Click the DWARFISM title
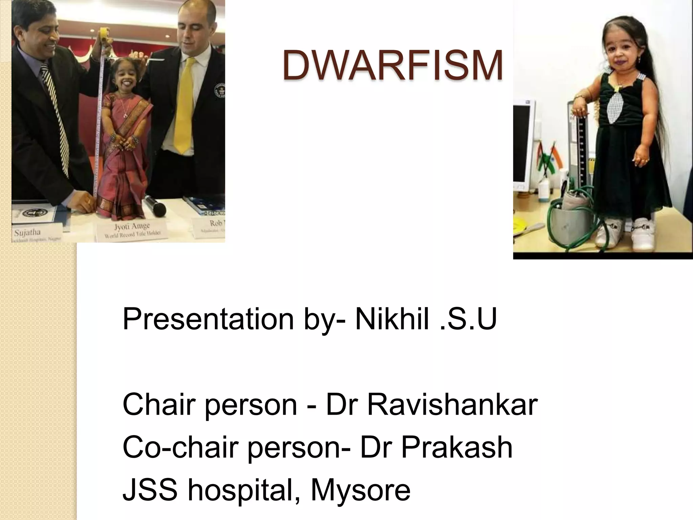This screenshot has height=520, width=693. (393, 65)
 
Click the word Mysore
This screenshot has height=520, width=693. (360, 490)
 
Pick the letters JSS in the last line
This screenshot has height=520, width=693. (150, 490)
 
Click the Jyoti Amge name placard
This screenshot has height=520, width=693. (132, 230)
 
